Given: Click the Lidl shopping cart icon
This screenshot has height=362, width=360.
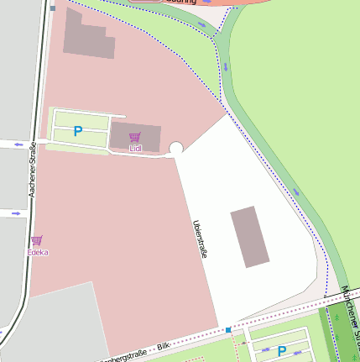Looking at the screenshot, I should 135,137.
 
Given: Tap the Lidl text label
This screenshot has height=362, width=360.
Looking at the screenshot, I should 135,149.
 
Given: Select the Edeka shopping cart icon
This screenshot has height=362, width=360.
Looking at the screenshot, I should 37,240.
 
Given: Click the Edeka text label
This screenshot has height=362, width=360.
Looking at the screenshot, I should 37,252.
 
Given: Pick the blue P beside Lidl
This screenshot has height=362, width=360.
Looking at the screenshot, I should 78,131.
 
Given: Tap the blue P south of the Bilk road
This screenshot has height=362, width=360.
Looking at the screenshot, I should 282,351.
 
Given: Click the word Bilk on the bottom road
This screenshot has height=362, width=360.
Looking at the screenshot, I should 163,345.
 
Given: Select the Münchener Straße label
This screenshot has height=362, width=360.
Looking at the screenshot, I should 350,311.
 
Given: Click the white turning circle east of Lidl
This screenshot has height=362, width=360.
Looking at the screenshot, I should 176,149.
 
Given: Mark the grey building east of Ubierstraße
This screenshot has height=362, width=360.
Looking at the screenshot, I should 249,236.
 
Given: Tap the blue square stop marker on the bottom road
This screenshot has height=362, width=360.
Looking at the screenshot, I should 227,329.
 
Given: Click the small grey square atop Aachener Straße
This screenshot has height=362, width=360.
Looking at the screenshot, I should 53,8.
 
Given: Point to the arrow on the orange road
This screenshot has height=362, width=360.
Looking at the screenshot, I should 206,3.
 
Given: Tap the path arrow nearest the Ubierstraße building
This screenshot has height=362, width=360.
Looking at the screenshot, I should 295,193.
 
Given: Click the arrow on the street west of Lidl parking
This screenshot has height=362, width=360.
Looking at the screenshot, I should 17,144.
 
